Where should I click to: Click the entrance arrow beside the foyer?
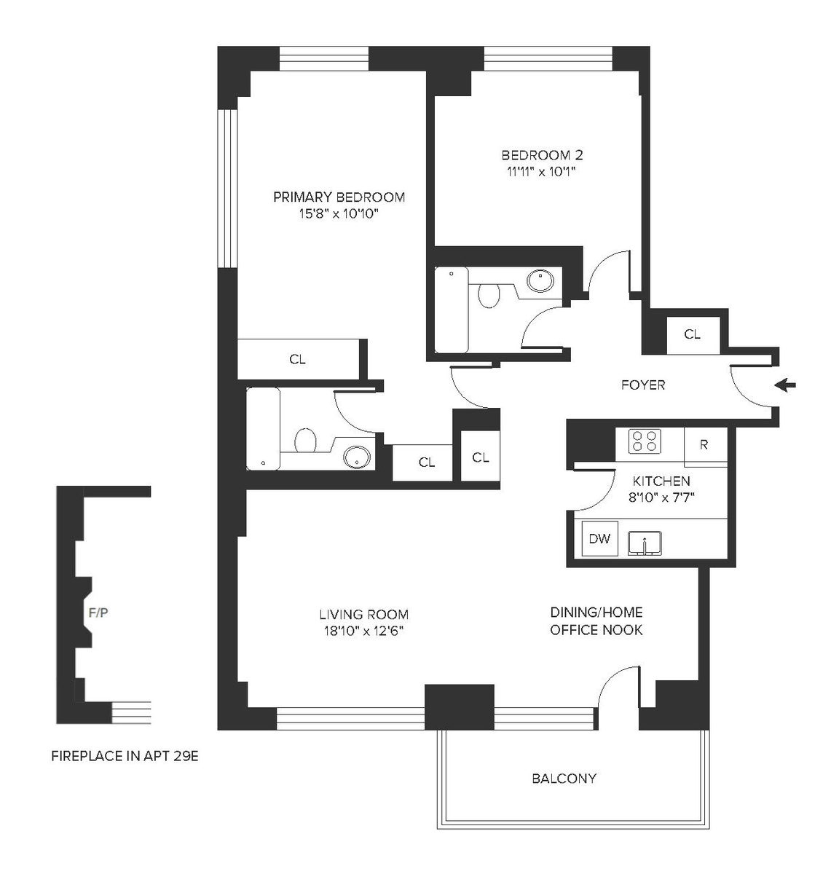click(x=785, y=385)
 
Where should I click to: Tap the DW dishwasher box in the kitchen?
click(x=600, y=539)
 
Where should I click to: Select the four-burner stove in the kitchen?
click(x=645, y=441)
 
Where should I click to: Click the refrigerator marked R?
click(x=706, y=446)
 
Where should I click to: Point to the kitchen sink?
click(x=645, y=543)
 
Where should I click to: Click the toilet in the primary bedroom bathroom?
click(x=305, y=440)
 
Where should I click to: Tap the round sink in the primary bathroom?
click(x=357, y=457)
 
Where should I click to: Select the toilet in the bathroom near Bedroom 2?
click(x=489, y=296)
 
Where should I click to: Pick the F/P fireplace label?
click(x=98, y=613)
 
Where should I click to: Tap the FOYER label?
click(x=643, y=385)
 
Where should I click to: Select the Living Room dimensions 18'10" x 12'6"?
click(x=363, y=631)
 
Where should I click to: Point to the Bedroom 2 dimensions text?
click(x=542, y=172)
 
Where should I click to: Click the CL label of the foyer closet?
click(x=693, y=334)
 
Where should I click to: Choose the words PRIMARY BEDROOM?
click(x=339, y=197)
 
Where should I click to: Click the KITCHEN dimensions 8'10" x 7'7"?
click(x=661, y=497)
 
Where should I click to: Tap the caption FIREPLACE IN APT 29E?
click(x=125, y=756)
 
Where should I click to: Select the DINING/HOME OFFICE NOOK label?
click(x=596, y=621)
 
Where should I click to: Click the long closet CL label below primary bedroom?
click(x=297, y=359)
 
